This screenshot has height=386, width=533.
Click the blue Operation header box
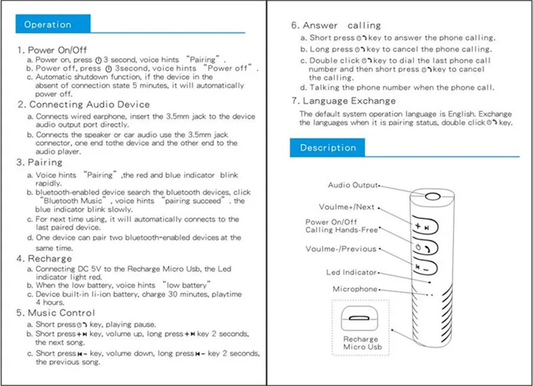coord(53,24)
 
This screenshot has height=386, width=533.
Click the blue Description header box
coord(327,148)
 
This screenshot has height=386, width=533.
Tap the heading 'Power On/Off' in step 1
coord(57,50)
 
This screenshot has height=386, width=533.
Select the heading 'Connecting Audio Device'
coord(90,105)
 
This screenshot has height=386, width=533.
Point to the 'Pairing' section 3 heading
coord(45,162)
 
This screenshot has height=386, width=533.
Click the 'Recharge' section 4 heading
coord(50,259)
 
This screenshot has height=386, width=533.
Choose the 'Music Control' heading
coord(61,313)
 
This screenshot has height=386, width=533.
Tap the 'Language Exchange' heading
coord(349,101)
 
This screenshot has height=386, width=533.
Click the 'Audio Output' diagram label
coord(353,185)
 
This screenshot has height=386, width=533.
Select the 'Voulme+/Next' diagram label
coord(346,207)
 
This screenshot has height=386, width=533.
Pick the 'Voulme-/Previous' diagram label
coord(341,249)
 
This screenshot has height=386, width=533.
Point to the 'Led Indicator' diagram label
coord(351,272)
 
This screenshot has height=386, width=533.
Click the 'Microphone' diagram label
coord(355,289)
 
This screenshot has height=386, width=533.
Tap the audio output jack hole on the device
coord(432,196)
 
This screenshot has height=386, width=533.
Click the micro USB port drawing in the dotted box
coord(359,318)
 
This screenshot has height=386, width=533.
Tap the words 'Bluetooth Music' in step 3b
coord(73,201)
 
